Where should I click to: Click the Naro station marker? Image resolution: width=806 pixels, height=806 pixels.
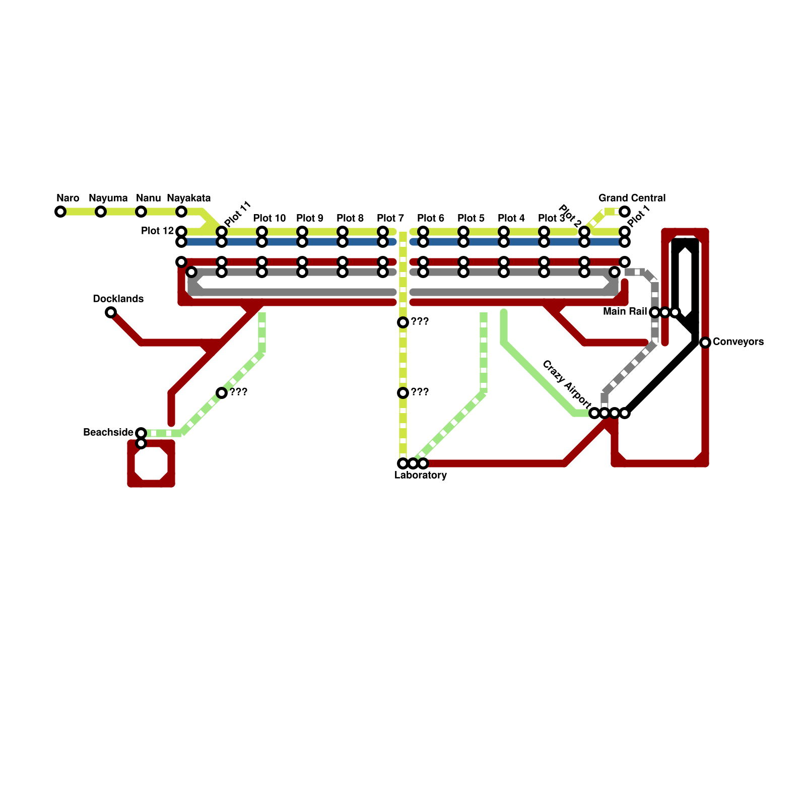60,212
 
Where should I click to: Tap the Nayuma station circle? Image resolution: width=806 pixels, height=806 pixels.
101,212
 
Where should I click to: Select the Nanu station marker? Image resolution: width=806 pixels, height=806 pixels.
141,212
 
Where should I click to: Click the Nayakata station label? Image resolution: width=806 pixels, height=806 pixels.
188,198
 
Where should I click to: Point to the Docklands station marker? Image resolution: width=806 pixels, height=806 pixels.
111,312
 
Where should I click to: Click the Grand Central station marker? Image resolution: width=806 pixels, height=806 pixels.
625,212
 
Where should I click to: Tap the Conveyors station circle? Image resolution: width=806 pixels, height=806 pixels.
705,343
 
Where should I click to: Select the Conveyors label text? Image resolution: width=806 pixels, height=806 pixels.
738,342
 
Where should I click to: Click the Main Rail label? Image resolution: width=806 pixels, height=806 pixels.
625,312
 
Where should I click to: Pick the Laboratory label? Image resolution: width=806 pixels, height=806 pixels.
421,476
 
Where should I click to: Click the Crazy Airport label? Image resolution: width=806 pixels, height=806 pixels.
567,383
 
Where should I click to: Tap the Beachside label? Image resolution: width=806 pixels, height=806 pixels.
108,433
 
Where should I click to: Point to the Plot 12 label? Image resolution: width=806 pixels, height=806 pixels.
157,231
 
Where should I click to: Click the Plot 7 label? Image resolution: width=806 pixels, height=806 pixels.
390,218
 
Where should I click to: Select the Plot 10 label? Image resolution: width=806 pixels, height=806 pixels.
270,218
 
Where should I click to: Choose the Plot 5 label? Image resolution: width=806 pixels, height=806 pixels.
471,218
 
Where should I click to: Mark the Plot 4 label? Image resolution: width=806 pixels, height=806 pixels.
511,218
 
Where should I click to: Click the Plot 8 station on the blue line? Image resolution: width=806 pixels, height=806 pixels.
343,242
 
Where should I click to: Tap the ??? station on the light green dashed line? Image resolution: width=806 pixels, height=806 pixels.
222,393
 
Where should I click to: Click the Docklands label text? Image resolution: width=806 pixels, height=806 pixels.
118,299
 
